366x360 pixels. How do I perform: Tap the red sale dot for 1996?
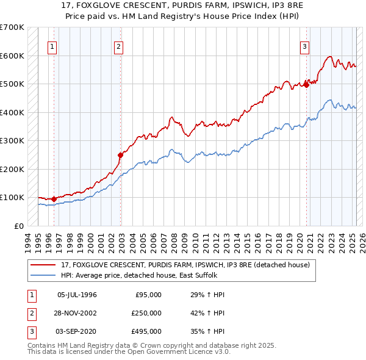[54, 198]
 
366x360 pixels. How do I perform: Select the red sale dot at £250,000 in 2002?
[121, 155]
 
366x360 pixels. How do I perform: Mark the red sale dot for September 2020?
[306, 85]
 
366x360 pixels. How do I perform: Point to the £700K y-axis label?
[12, 27]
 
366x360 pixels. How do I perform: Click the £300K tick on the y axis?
[12, 140]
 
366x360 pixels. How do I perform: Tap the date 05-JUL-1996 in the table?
[77, 295]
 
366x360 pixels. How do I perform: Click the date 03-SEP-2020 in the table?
[77, 331]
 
